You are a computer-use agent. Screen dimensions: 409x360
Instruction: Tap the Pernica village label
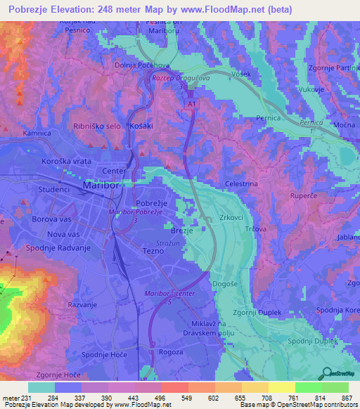[x=269, y=118]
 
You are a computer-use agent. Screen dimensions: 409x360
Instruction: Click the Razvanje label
[x=82, y=305]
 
